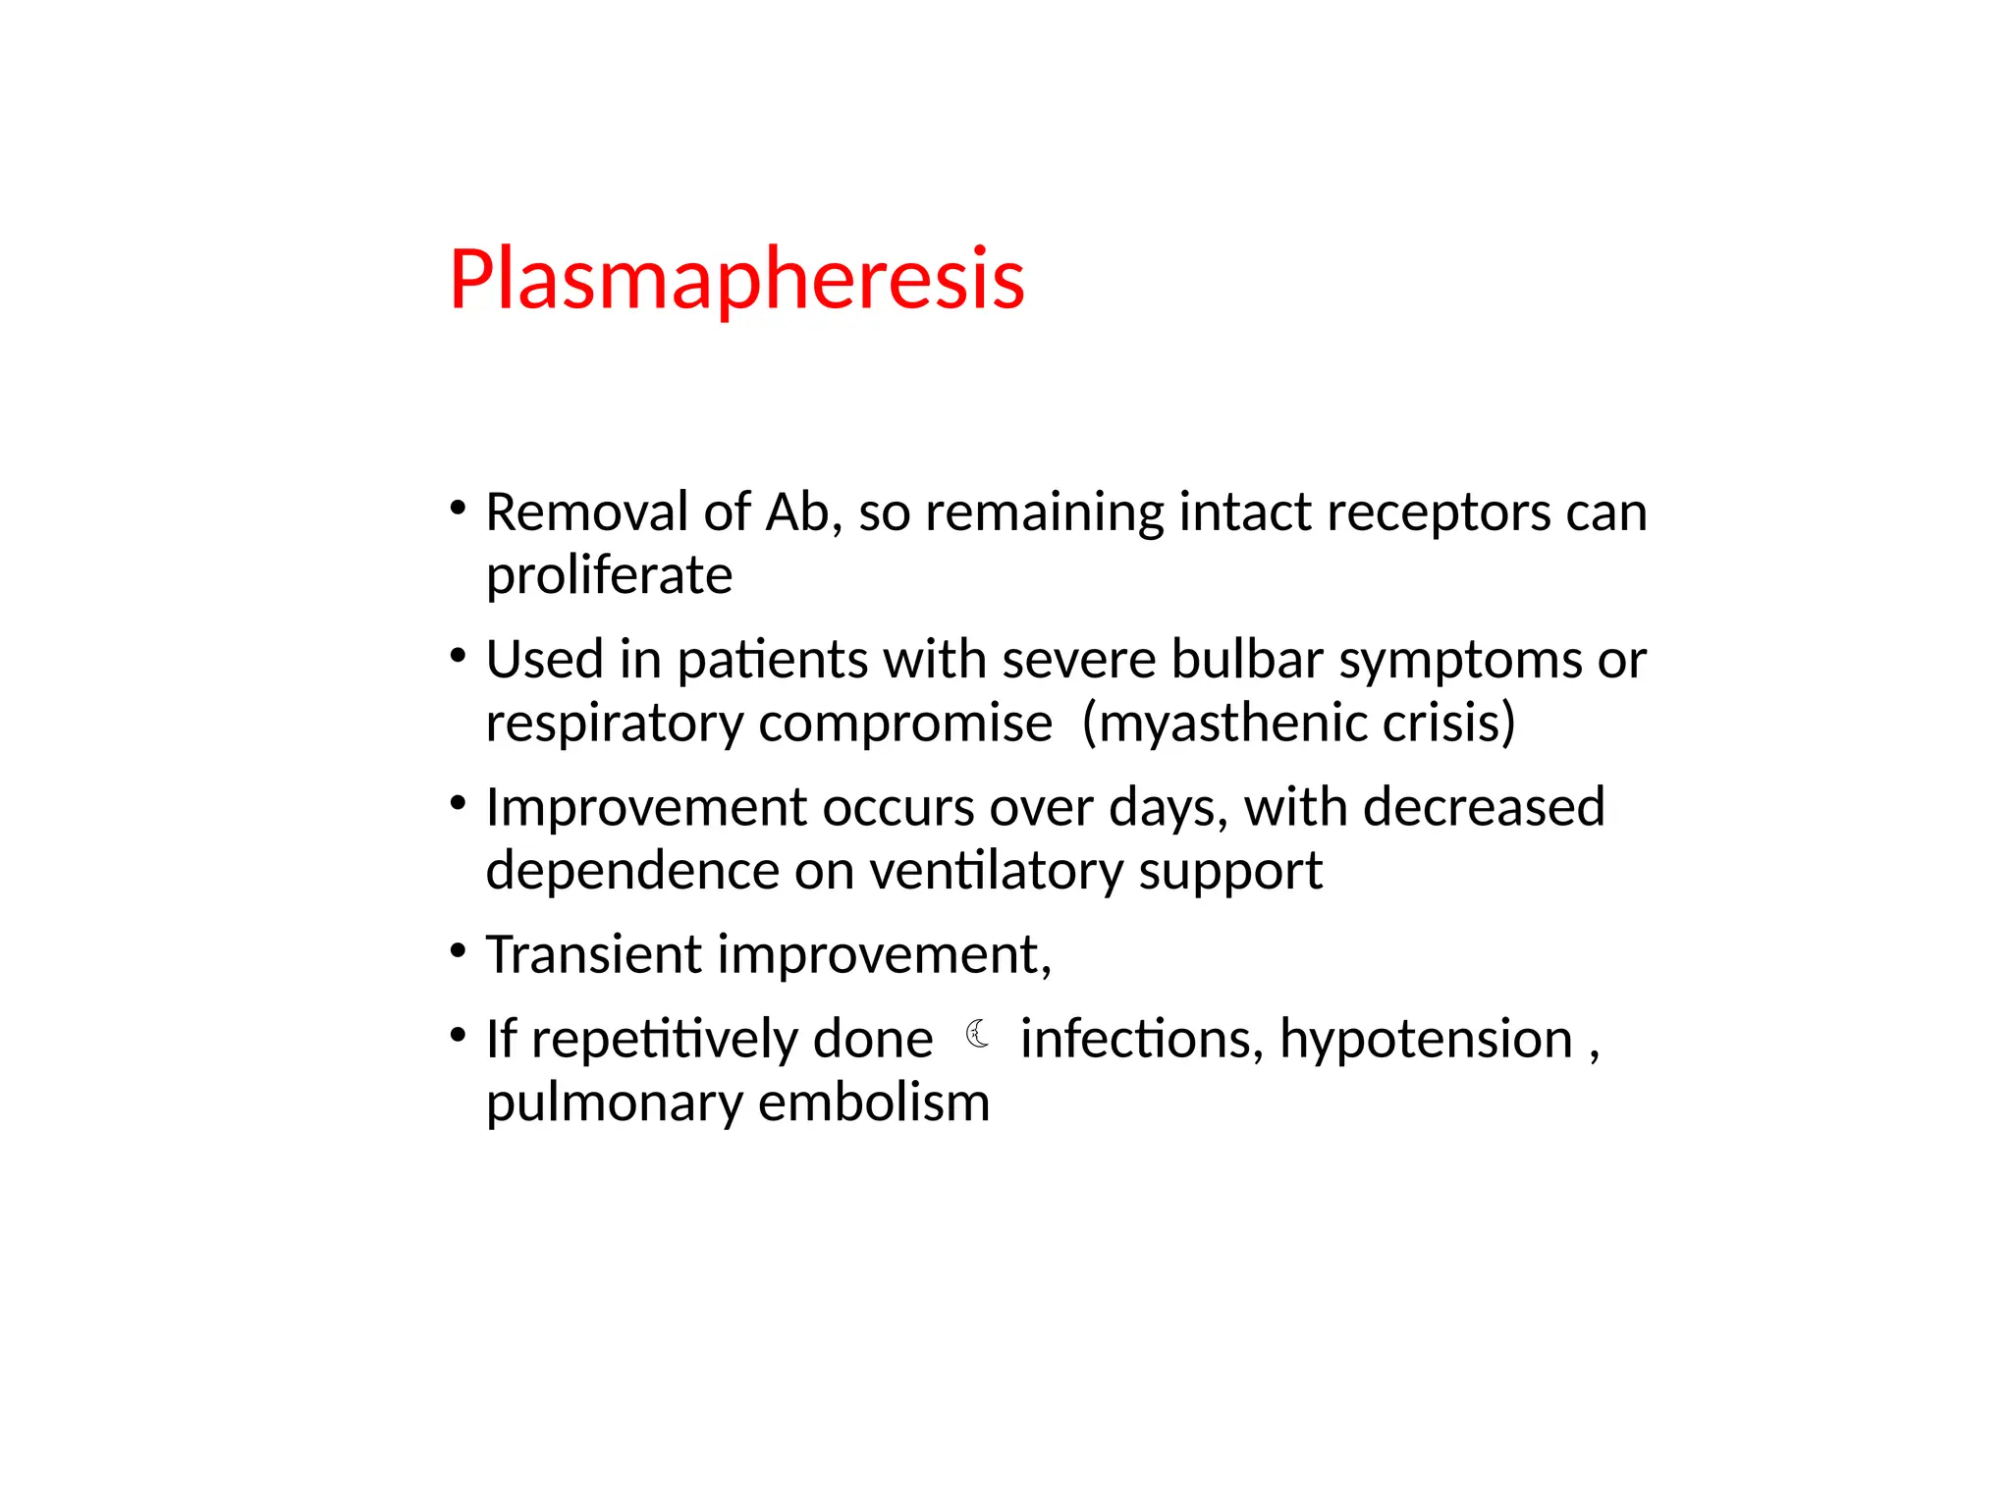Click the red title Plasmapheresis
736,279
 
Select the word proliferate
609,575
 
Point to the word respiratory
615,725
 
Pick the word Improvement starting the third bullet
646,808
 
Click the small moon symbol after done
977,1034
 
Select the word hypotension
1426,1040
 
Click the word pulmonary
615,1104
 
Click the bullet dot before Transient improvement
458,950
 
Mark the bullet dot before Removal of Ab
458,509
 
